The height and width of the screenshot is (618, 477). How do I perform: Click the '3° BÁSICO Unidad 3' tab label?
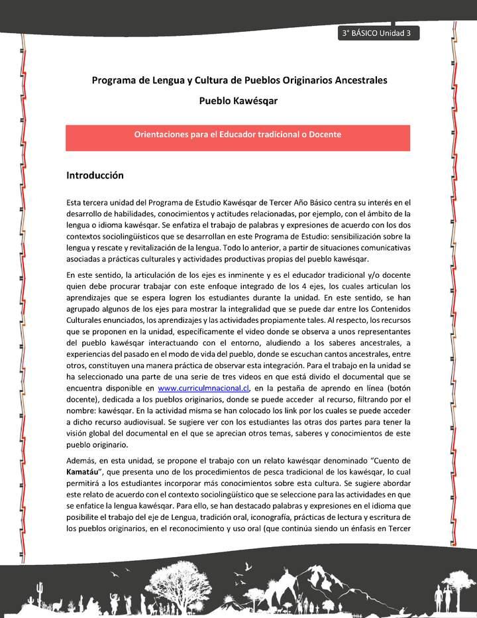[377, 34]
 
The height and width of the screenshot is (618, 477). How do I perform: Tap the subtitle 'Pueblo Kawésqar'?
[238, 101]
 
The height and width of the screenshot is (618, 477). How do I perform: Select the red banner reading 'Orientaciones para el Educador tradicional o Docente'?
[238, 135]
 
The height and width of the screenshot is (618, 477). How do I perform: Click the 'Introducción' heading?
[95, 176]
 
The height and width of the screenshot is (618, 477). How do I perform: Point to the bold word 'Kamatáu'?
[84, 471]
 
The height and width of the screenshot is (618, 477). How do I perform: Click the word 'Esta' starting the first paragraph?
[76, 202]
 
